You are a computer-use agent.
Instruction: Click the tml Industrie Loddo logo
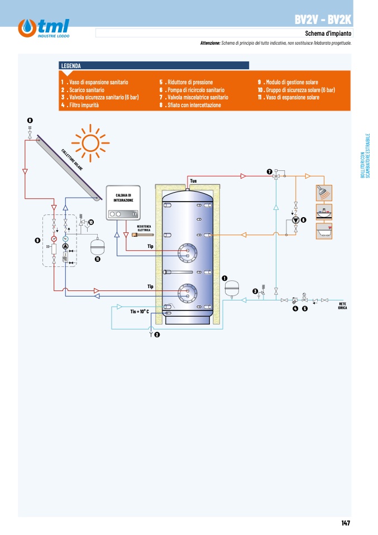tap(44, 28)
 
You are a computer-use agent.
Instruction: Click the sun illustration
tap(90, 142)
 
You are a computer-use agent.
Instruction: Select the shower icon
tap(324, 193)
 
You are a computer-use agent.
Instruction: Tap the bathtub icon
tap(324, 231)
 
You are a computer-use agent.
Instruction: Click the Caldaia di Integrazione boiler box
tap(123, 203)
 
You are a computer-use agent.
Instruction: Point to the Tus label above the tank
tap(193, 181)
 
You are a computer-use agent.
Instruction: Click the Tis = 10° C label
tap(140, 311)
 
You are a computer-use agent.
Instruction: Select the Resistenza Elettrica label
tap(143, 228)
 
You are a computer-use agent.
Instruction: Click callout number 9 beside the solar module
tap(37, 241)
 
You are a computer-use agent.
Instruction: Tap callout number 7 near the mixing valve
tap(270, 171)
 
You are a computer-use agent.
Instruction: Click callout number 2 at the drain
tap(157, 335)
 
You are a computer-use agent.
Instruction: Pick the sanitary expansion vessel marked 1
tap(232, 289)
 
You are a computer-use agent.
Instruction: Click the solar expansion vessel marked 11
tap(97, 246)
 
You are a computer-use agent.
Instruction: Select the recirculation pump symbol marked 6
tap(296, 220)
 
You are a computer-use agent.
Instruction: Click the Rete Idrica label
tap(342, 305)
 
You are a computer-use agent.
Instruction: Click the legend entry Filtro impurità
tap(80, 105)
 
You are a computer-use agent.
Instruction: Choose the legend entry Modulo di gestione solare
tap(288, 82)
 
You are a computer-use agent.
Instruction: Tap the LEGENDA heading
tap(71, 66)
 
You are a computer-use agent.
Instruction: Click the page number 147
tap(346, 523)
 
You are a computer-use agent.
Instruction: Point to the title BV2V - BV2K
tap(323, 20)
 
